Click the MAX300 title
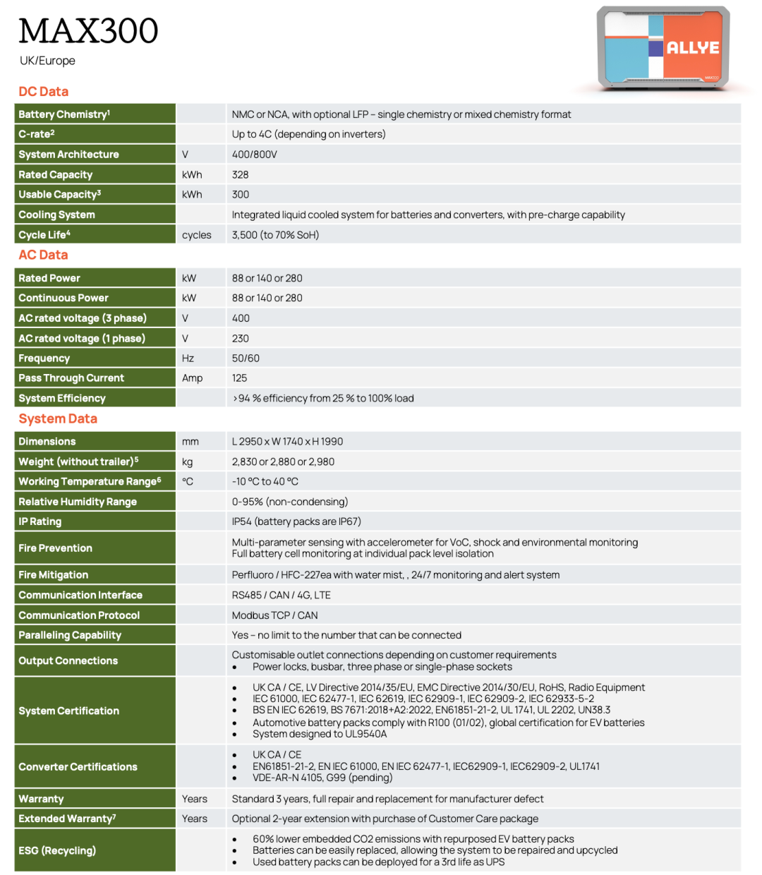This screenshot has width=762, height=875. pyautogui.click(x=88, y=31)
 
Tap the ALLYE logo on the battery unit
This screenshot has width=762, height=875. pyautogui.click(x=692, y=48)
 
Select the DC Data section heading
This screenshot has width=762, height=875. pyautogui.click(x=44, y=92)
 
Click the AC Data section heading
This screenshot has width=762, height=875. pyautogui.click(x=44, y=255)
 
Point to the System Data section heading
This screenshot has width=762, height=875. pyautogui.click(x=58, y=418)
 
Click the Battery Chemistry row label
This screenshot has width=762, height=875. pyautogui.click(x=64, y=114)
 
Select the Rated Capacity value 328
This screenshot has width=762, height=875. pyautogui.click(x=241, y=174)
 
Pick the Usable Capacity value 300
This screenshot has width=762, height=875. pyautogui.click(x=241, y=194)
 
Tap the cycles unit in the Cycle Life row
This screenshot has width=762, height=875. pyautogui.click(x=196, y=235)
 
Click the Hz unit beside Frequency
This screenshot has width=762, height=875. pyautogui.click(x=188, y=358)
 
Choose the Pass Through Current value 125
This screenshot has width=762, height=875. pyautogui.click(x=240, y=378)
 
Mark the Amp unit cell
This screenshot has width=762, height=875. pyautogui.click(x=192, y=378)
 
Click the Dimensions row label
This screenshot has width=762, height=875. pyautogui.click(x=47, y=442)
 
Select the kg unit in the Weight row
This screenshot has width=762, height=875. pyautogui.click(x=187, y=461)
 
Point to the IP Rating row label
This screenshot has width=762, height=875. pyautogui.click(x=40, y=521)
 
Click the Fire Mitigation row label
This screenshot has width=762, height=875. pyautogui.click(x=54, y=575)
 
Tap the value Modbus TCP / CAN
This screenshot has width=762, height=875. pyautogui.click(x=275, y=615)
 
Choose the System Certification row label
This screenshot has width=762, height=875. pyautogui.click(x=69, y=711)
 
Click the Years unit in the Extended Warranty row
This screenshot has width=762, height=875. pyautogui.click(x=195, y=819)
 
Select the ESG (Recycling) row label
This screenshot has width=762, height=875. pyautogui.click(x=57, y=850)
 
